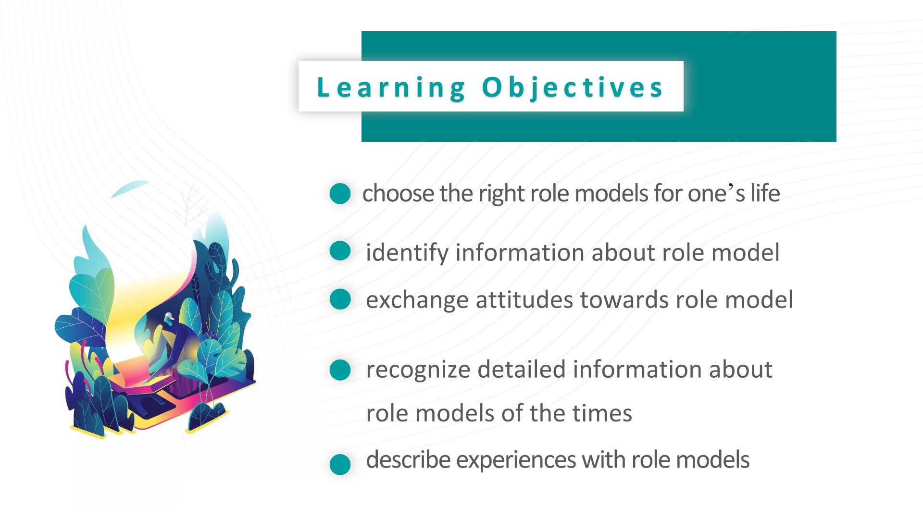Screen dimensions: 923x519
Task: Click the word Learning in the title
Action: pyautogui.click(x=391, y=88)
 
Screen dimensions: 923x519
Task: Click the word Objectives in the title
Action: pyautogui.click(x=573, y=88)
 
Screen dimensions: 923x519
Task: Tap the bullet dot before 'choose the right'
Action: pyautogui.click(x=340, y=193)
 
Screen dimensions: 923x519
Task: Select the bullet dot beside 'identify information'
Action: pyautogui.click(x=340, y=251)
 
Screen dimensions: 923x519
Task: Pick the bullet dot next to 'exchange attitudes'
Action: pyautogui.click(x=340, y=298)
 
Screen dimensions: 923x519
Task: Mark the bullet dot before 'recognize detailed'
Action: pyautogui.click(x=340, y=370)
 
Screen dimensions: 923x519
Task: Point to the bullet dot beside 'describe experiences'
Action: pyautogui.click(x=340, y=464)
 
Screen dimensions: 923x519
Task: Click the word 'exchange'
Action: pyautogui.click(x=417, y=300)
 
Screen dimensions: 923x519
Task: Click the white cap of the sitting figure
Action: pyautogui.click(x=169, y=317)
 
